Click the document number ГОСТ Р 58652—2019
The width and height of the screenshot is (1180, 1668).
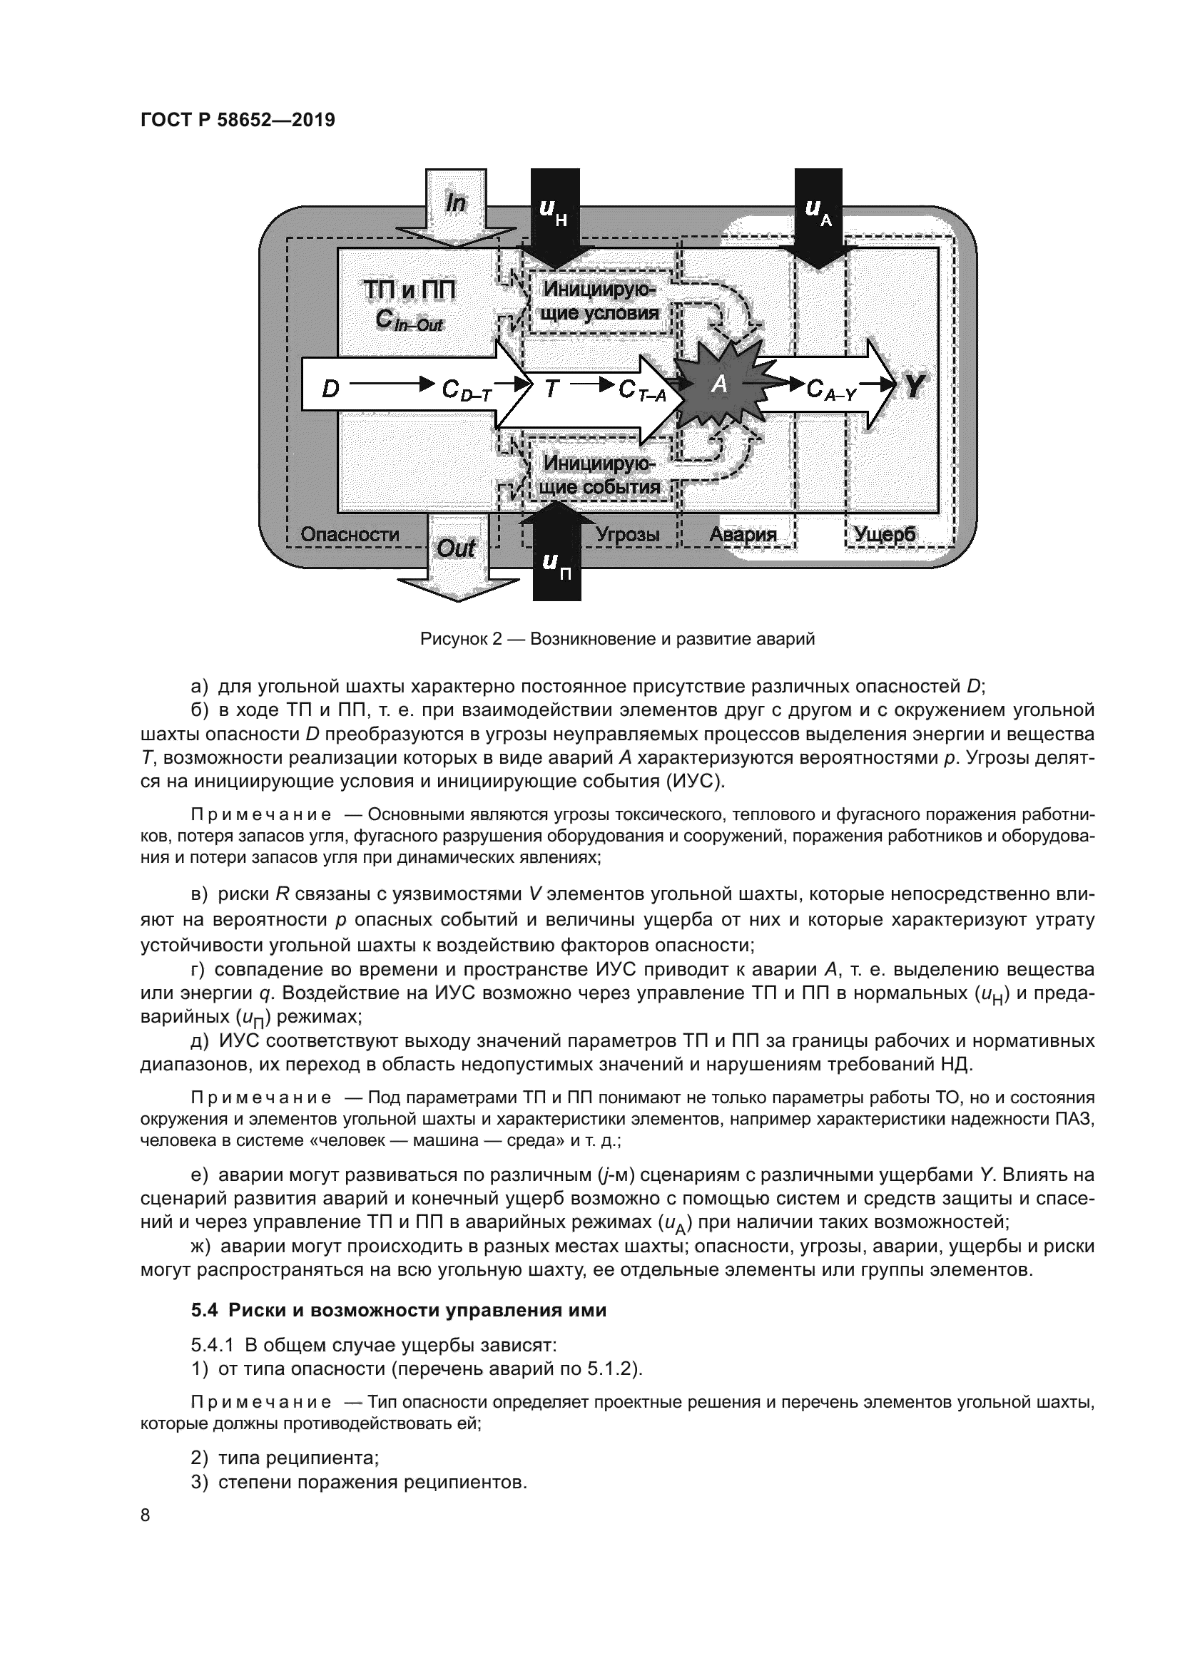pyautogui.click(x=238, y=120)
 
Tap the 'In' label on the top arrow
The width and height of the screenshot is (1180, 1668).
pyautogui.click(x=456, y=203)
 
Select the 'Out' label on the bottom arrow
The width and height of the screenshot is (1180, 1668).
pyautogui.click(x=456, y=548)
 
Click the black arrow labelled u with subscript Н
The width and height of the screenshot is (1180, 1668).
pyautogui.click(x=555, y=210)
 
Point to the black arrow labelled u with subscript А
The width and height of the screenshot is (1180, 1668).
pyautogui.click(x=818, y=210)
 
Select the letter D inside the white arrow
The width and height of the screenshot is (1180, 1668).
pyautogui.click(x=330, y=390)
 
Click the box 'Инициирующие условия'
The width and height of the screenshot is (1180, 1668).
pyautogui.click(x=600, y=302)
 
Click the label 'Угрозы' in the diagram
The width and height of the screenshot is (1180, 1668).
pyautogui.click(x=628, y=535)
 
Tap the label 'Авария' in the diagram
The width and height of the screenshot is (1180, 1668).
pyautogui.click(x=743, y=535)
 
